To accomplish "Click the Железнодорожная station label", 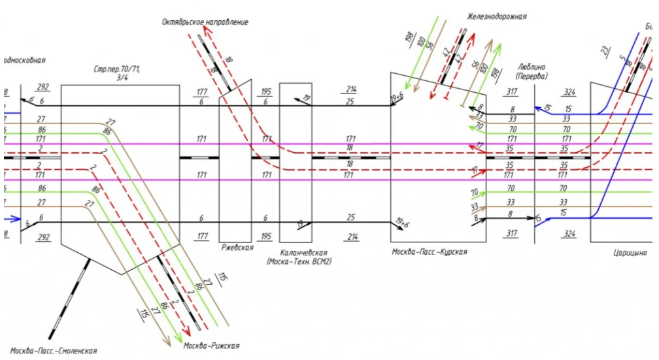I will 496,16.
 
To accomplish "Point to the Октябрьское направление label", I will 205,22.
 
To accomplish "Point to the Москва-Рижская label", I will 211,346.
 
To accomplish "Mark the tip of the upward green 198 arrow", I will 500,45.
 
